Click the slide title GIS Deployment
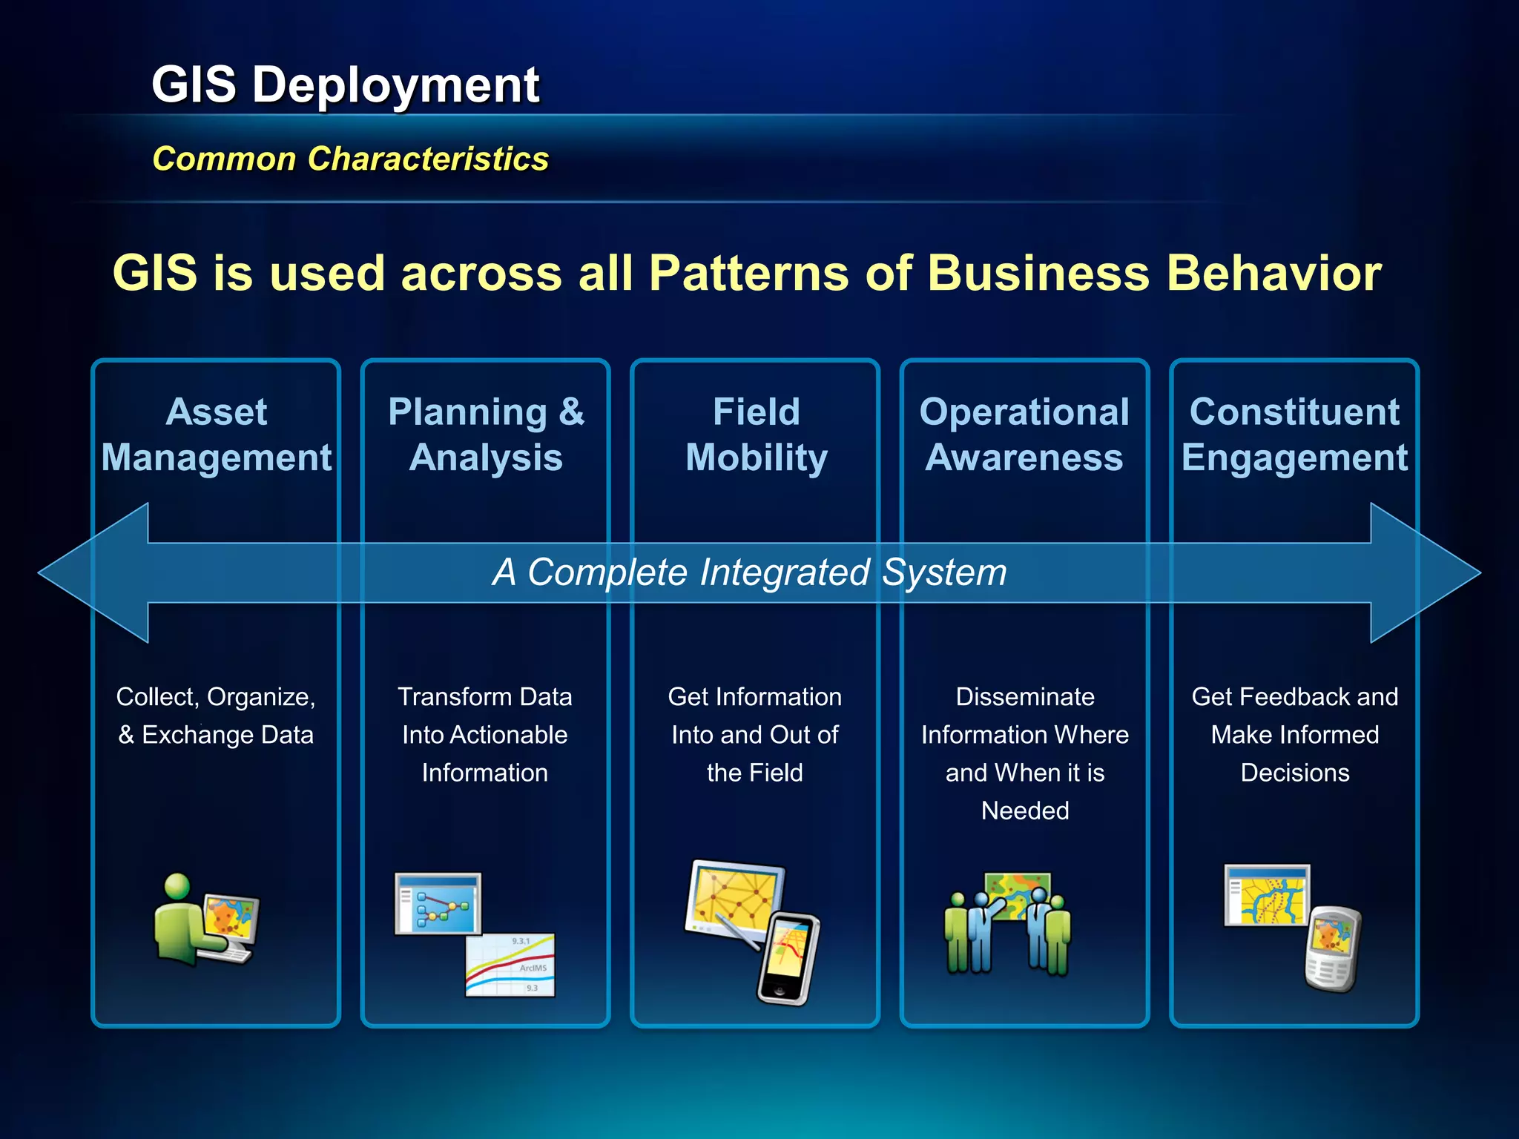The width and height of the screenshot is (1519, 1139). tap(346, 85)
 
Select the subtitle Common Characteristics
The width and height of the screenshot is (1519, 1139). tap(350, 159)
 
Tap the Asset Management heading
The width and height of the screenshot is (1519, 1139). tap(216, 435)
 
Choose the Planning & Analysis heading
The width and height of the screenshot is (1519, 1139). tap(486, 435)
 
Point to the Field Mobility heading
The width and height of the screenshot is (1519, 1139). tap(756, 435)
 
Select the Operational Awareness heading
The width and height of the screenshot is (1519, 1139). tap(1024, 435)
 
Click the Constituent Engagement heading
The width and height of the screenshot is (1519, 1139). tap(1294, 435)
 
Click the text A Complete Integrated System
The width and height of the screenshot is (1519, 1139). tap(749, 572)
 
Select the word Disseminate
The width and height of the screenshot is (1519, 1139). tap(1025, 697)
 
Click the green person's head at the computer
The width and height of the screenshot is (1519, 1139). tap(177, 886)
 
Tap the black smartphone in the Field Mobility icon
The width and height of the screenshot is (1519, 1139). tap(789, 958)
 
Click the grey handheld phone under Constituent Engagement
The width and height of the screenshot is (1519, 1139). tap(1333, 949)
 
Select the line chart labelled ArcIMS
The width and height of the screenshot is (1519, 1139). tap(510, 965)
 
